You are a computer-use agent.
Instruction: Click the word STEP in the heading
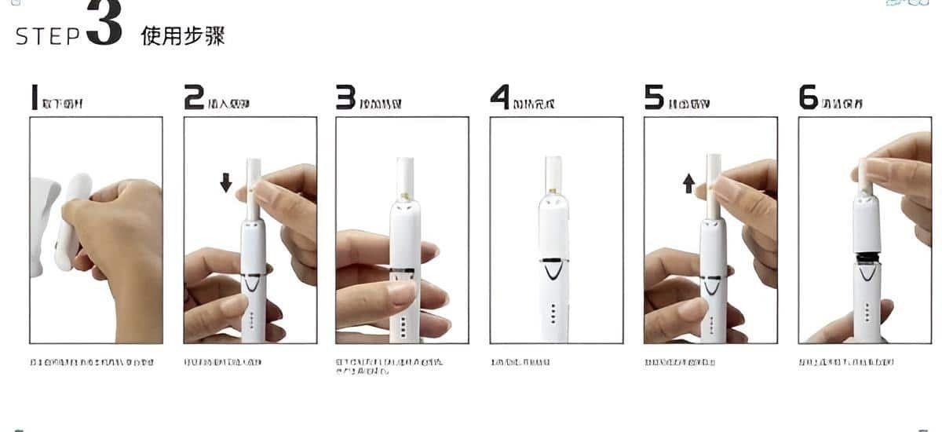click(48, 36)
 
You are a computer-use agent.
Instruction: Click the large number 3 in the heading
click(104, 25)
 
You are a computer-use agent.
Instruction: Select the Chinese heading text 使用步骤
click(183, 36)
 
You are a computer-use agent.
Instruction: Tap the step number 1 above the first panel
click(34, 97)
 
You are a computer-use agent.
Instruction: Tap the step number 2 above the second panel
click(194, 97)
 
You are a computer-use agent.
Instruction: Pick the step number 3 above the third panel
click(345, 97)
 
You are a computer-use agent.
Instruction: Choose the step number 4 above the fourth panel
click(500, 97)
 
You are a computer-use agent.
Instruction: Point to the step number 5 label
click(654, 97)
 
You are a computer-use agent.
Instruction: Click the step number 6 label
click(809, 97)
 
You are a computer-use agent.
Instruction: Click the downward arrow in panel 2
click(226, 183)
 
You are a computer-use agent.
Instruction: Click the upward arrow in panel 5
click(688, 183)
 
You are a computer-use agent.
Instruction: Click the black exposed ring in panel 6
click(867, 255)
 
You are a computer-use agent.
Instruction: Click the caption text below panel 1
click(91, 362)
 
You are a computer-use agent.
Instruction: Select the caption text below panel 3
click(389, 365)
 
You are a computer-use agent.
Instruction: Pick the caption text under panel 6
click(845, 362)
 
